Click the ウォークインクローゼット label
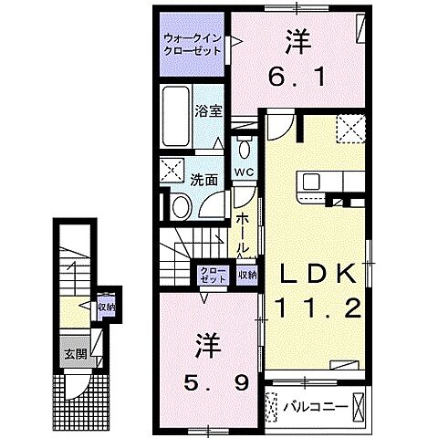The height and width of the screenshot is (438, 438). [x=191, y=45]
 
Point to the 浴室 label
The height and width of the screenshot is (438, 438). [x=208, y=111]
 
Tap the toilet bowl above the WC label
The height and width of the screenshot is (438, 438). [x=244, y=150]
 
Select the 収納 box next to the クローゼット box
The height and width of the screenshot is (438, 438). [x=246, y=273]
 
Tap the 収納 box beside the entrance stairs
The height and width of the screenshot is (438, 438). [x=106, y=308]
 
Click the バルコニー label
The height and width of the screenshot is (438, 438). [x=313, y=403]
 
